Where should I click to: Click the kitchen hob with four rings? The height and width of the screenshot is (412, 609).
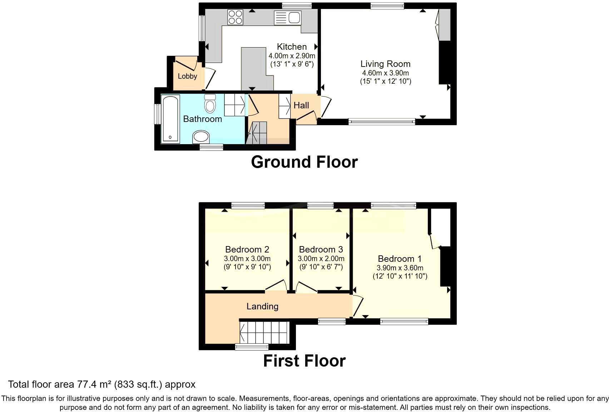click(x=235, y=17)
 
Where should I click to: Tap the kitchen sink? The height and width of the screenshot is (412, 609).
click(x=288, y=18)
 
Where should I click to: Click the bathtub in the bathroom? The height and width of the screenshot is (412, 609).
click(x=170, y=119)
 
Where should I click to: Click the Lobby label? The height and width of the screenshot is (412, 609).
click(x=187, y=76)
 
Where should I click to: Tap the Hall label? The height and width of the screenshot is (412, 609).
click(x=301, y=106)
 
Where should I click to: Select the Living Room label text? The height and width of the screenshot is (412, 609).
click(x=385, y=64)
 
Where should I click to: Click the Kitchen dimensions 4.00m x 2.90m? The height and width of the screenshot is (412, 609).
click(x=292, y=56)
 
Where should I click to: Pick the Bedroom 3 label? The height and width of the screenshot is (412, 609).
click(x=321, y=249)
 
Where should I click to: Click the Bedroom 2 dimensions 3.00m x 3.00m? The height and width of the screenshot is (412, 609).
click(x=247, y=259)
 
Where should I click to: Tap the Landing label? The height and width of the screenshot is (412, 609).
click(x=262, y=306)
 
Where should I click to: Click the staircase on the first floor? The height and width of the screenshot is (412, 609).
click(x=264, y=332)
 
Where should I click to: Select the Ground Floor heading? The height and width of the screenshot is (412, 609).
click(x=304, y=162)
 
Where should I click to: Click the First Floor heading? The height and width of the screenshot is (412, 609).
click(x=304, y=361)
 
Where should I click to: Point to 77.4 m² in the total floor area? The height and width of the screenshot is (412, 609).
click(x=94, y=384)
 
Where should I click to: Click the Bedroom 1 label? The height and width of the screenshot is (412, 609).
click(x=400, y=259)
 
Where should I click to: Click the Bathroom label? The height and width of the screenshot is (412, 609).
click(x=202, y=119)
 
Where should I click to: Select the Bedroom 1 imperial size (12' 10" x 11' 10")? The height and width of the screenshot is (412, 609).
click(x=400, y=276)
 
